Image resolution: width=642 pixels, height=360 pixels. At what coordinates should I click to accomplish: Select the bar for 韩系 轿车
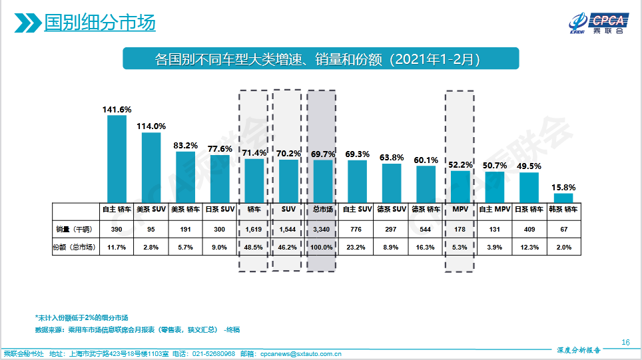[563, 198]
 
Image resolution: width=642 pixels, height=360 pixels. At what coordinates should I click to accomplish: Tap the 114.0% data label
[151, 126]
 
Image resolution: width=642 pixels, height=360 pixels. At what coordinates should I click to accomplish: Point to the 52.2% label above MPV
[460, 164]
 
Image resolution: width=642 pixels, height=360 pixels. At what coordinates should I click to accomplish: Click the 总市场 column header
[322, 209]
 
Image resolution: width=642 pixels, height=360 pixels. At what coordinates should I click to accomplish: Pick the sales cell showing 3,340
[322, 228]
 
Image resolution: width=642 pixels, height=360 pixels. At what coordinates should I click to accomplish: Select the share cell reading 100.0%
[322, 247]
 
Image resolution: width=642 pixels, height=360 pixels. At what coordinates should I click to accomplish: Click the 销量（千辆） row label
[75, 228]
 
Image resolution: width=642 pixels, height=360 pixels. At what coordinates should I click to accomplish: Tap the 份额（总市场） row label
[75, 247]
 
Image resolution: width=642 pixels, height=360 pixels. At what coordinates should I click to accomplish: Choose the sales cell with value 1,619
[254, 228]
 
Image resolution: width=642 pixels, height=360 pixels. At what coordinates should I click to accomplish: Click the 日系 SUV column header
[220, 209]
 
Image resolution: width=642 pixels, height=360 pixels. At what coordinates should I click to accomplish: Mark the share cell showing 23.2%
[357, 247]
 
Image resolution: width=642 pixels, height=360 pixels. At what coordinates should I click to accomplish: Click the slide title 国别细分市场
[99, 23]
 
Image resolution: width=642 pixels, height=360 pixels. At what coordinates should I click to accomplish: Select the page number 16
[625, 342]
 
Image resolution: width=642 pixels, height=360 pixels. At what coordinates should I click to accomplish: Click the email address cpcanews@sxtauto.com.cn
[300, 353]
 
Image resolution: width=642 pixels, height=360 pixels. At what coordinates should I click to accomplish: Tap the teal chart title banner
[320, 59]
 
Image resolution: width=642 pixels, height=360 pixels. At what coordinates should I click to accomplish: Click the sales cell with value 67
[563, 228]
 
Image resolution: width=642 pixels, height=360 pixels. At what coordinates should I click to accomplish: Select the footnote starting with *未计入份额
[81, 317]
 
